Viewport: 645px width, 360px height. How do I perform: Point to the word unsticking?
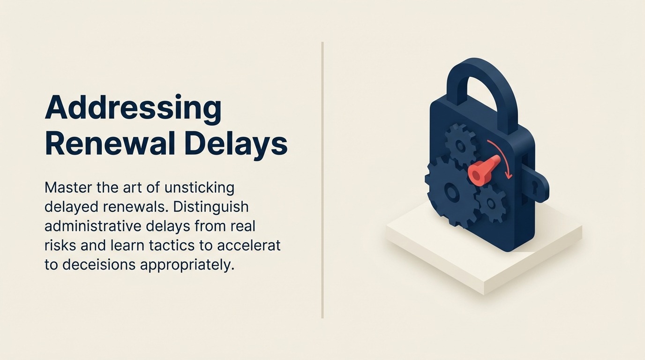pos(199,188)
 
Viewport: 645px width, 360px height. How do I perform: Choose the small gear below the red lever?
pos(490,203)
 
